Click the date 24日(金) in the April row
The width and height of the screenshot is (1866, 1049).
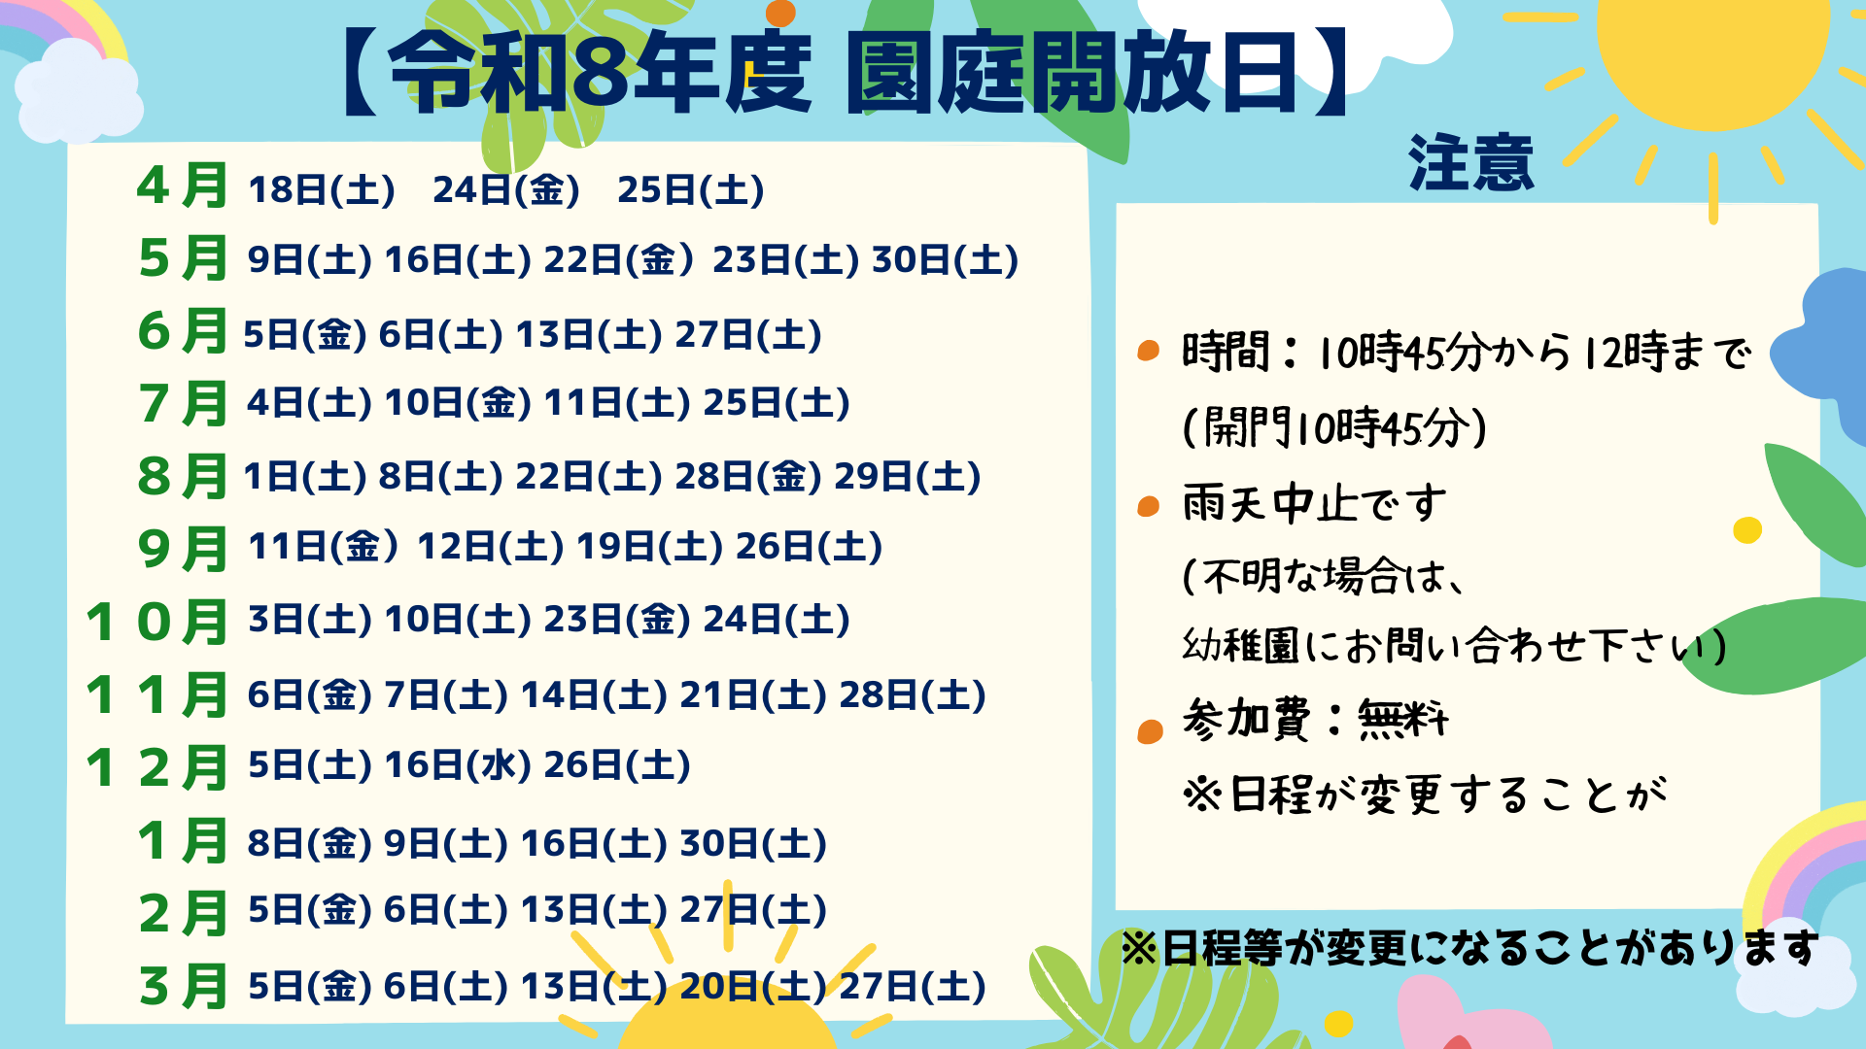[505, 190]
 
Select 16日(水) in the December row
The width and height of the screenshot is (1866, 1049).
[458, 765]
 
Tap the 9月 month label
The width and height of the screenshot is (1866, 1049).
[183, 549]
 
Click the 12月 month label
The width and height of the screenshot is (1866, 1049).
[156, 767]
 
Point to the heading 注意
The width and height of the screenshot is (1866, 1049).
[1471, 163]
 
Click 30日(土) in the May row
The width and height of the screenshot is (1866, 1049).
[945, 260]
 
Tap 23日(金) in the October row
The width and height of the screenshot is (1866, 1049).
[617, 620]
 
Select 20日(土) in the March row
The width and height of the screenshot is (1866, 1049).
[753, 987]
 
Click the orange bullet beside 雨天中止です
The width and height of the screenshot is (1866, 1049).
[1149, 506]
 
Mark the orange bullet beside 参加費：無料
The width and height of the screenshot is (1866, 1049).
[1150, 730]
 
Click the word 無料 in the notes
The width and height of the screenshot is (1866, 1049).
[1402, 720]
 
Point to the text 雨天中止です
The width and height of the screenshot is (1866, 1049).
[1315, 504]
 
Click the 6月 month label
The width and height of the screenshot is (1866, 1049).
[183, 331]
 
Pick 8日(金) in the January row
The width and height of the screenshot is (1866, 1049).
[310, 844]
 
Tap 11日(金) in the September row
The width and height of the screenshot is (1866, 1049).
[324, 547]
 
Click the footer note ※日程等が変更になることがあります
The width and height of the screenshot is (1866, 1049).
[1469, 949]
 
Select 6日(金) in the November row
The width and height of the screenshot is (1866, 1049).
[310, 695]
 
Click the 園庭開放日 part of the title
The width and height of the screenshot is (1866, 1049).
[1072, 73]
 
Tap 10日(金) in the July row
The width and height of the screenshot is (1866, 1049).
[458, 403]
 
